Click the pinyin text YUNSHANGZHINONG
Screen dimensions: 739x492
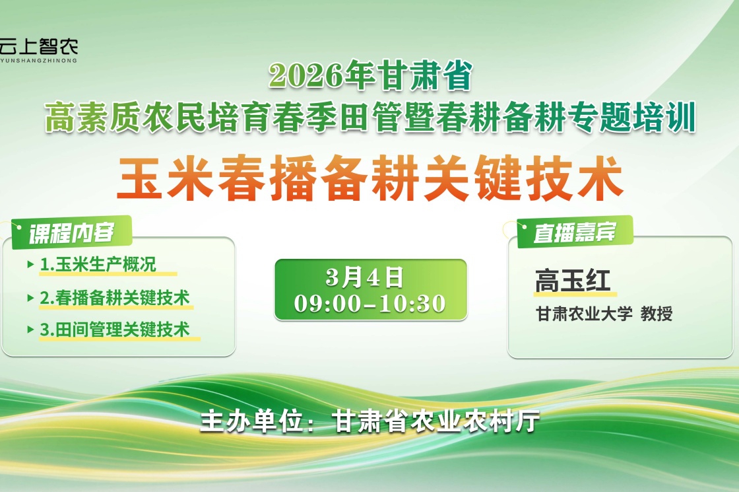coord(39,61)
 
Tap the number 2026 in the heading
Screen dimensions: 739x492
coord(306,75)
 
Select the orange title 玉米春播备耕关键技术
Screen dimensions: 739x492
coord(370,178)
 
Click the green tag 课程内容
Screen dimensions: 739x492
coord(72,232)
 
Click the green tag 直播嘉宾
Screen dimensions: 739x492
coord(575,232)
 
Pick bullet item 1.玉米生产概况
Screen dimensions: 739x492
coord(98,265)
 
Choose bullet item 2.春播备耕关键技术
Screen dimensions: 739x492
coord(115,298)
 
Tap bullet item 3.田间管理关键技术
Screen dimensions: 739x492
coord(115,330)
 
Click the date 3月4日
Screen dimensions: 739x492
coord(364,277)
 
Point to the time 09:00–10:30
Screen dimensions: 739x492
coord(370,303)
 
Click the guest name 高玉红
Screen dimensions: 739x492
coord(573,281)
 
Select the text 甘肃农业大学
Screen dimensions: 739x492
coord(584,314)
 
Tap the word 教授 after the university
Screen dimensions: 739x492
coord(657,314)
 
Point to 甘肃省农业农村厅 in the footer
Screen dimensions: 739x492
coord(436,421)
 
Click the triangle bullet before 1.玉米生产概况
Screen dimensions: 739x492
coord(30,265)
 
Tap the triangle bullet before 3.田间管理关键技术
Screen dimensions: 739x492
coord(30,330)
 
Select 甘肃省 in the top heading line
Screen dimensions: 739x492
coord(426,75)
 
